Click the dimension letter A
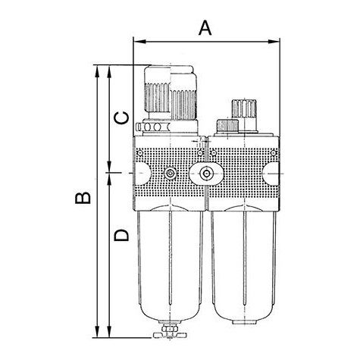205,28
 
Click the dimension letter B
83,198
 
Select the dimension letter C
121,118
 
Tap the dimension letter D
121,236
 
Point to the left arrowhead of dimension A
139,42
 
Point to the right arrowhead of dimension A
274,42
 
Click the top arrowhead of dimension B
97,71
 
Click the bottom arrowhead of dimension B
97,331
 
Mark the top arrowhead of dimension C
109,71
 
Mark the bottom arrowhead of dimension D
109,331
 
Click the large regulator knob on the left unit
171,92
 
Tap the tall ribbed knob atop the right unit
244,108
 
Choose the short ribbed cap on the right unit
227,126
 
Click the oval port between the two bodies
206,174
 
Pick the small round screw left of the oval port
171,174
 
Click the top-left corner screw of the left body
139,152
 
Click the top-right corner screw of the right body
274,152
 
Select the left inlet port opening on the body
142,174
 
